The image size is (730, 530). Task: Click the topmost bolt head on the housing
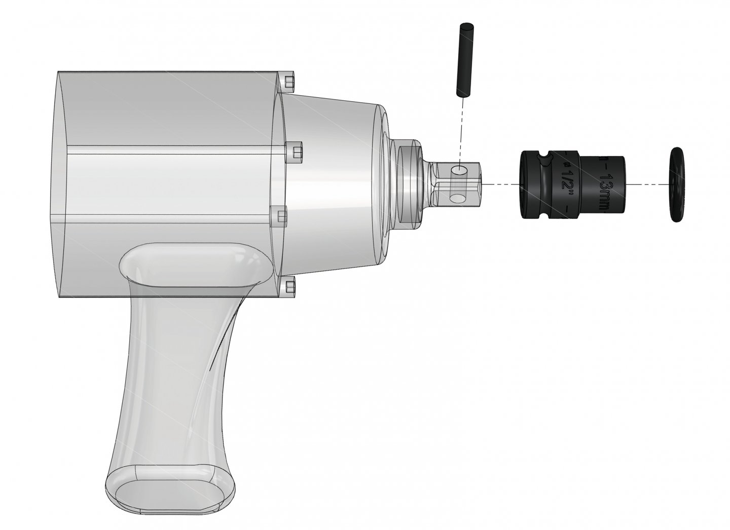click(289, 82)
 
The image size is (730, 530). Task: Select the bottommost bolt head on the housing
click(289, 286)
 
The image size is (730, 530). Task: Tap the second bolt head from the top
click(295, 150)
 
